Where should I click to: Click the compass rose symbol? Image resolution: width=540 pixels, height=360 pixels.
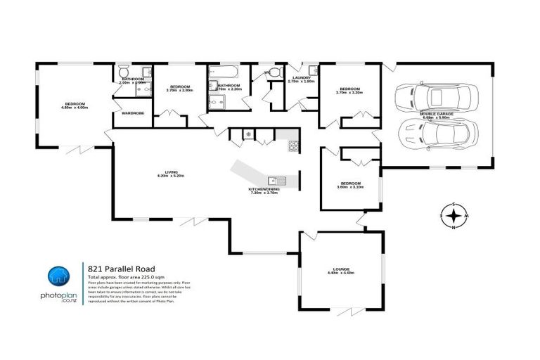(x=454, y=216)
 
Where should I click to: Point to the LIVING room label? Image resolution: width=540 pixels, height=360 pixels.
(x=171, y=173)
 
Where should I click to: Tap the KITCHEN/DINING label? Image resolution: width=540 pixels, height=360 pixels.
(x=263, y=191)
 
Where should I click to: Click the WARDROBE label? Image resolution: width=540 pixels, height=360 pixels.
(x=133, y=112)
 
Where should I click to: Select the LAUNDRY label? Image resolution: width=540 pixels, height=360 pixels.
(x=302, y=79)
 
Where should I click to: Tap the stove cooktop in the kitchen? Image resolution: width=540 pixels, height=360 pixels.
(x=292, y=146)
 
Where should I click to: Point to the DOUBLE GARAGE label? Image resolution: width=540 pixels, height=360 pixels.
(x=437, y=114)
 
